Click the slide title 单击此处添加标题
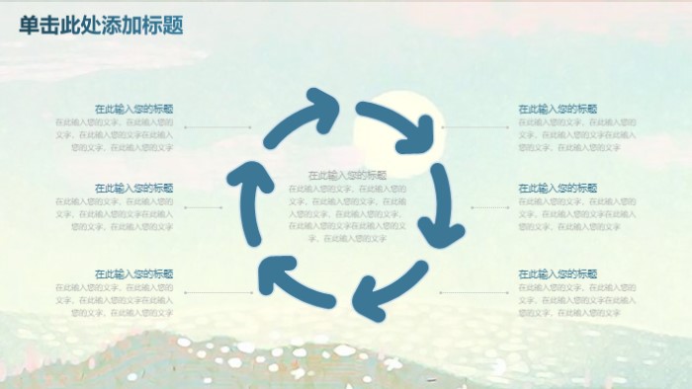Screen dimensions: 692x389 click(x=101, y=26)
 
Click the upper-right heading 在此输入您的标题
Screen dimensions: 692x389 click(x=558, y=109)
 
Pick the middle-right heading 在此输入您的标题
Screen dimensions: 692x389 click(x=558, y=188)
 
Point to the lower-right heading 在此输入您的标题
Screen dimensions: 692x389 click(x=558, y=273)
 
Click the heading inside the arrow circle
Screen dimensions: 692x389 click(x=348, y=175)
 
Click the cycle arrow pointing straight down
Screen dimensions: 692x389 click(x=438, y=207)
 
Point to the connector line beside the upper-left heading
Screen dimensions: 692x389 click(x=217, y=127)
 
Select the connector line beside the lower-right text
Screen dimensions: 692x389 click(x=475, y=293)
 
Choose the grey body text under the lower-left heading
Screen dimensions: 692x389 click(x=117, y=299)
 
